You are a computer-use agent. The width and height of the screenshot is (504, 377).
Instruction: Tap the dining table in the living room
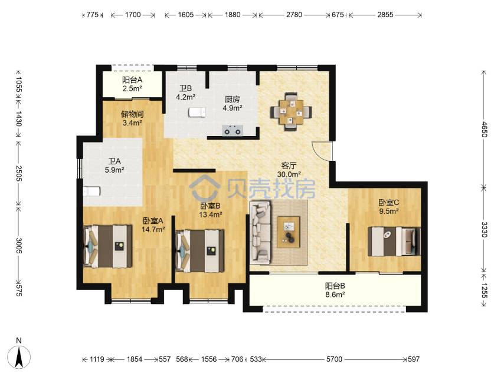(291, 112)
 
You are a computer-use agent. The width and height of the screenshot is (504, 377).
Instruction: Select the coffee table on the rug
(289, 232)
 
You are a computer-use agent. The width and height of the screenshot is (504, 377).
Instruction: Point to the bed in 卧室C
(394, 242)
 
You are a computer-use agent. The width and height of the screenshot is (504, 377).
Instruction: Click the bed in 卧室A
(107, 246)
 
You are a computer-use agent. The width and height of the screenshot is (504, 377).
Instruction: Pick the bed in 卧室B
(200, 251)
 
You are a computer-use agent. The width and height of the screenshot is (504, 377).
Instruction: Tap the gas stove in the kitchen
(233, 131)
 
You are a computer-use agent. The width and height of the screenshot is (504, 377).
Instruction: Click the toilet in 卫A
(91, 191)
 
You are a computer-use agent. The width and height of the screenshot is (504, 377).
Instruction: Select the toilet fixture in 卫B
(197, 113)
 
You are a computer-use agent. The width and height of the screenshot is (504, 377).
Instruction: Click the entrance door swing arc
(318, 151)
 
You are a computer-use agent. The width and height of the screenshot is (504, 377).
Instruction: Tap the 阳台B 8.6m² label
(335, 290)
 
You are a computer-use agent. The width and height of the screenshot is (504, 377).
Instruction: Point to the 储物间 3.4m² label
(132, 118)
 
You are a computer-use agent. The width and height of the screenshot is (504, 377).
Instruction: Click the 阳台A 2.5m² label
(132, 84)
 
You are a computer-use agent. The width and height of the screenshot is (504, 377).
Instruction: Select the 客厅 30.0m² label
(289, 170)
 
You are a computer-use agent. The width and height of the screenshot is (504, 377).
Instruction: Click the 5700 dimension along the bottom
(334, 359)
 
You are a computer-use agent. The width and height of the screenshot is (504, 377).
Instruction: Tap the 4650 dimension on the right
(484, 129)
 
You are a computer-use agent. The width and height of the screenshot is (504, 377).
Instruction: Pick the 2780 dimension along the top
(294, 15)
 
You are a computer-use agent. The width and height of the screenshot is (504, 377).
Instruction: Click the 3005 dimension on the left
(19, 246)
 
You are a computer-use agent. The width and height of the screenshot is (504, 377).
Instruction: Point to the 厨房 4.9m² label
(233, 104)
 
